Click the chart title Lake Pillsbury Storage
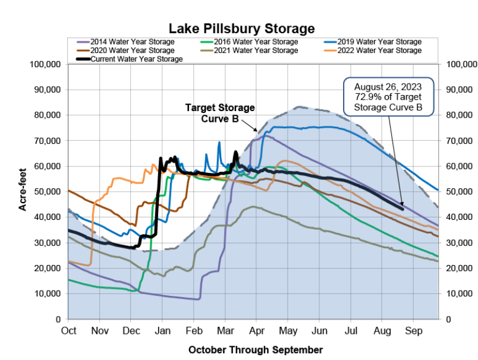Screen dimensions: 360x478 [x=241, y=28]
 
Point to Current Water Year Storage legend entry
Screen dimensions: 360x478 [x=137, y=59]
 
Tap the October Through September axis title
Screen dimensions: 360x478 [x=256, y=349]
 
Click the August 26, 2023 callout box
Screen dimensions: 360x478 [x=388, y=97]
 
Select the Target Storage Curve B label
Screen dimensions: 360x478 [x=220, y=113]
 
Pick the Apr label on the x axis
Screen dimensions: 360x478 [x=257, y=330]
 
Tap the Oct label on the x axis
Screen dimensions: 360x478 [x=69, y=330]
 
